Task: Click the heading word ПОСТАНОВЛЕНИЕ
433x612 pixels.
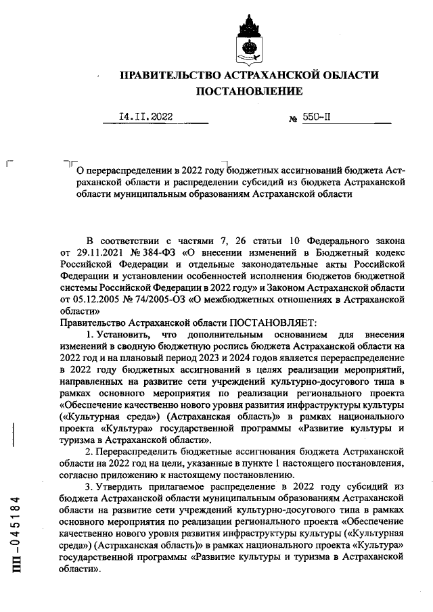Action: click(x=250, y=91)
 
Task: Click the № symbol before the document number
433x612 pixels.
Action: click(x=294, y=118)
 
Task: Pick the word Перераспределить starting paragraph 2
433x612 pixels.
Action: click(x=141, y=450)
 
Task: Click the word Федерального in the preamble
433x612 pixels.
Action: click(x=337, y=241)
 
